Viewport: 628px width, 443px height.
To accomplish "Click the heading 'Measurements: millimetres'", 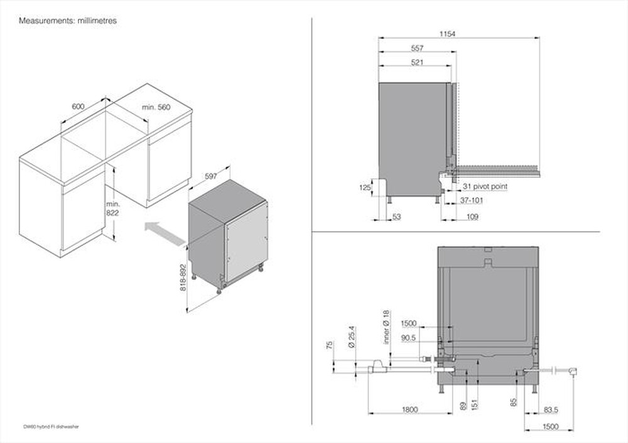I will [x=68, y=21].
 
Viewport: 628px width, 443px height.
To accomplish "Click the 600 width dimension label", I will [x=78, y=107].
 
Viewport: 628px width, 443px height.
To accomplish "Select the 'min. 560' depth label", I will [x=156, y=107].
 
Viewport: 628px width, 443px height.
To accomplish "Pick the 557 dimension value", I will [x=418, y=48].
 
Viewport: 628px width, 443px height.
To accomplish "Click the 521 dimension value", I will [x=418, y=62].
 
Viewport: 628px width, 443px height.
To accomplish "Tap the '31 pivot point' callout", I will [x=485, y=186].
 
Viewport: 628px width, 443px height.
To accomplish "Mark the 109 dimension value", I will [x=472, y=217].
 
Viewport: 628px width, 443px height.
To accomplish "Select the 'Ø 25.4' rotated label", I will [x=352, y=336].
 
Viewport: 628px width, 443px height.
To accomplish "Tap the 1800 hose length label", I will [x=409, y=410].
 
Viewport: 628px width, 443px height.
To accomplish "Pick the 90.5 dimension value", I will [x=409, y=338].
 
